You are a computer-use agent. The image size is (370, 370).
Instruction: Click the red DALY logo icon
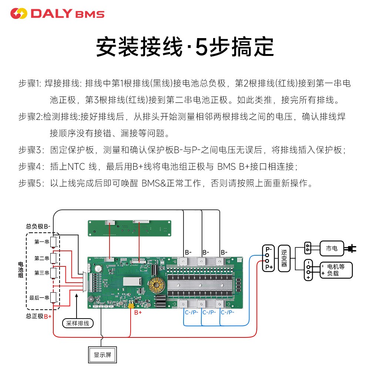coord(19,14)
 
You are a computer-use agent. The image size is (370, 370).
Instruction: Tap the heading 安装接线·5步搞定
coord(185,47)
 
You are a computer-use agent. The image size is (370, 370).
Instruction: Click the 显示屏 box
coord(102,355)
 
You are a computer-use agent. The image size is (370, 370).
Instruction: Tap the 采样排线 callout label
coord(78,323)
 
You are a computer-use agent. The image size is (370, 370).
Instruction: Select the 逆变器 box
coord(284,258)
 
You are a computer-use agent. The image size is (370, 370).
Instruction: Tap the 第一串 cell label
coord(42,242)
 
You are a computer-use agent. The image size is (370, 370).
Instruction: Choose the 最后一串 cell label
coord(40,298)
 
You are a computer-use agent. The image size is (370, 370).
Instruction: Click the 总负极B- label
coord(38,226)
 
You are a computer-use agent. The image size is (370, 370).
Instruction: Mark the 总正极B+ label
coord(38,316)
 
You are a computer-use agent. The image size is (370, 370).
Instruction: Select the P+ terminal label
coord(269,267)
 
